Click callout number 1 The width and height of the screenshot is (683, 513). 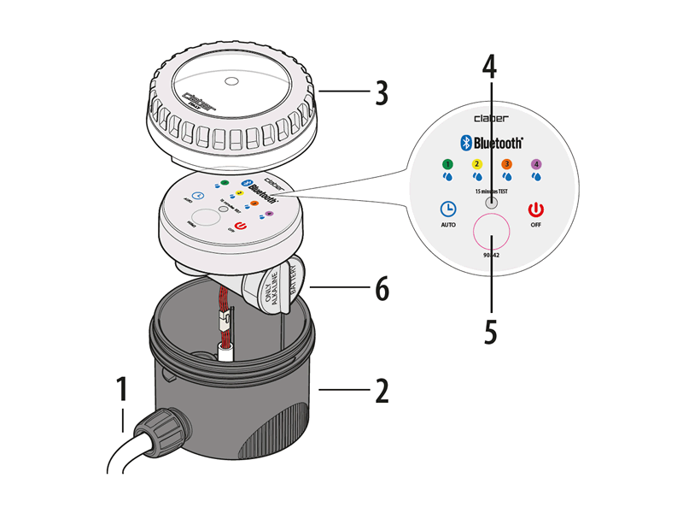(x=123, y=389)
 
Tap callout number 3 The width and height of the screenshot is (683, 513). (x=382, y=92)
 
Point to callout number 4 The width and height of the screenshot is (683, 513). (x=490, y=67)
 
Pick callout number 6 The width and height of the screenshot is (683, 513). (x=381, y=290)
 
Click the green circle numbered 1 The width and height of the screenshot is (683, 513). (x=446, y=163)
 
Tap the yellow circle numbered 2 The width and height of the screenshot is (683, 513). (x=476, y=163)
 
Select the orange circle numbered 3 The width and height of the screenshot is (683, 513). (x=506, y=163)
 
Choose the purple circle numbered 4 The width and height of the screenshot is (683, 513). (x=536, y=163)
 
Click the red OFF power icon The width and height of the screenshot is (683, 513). (x=535, y=209)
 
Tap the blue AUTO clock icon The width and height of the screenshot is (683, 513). (x=447, y=209)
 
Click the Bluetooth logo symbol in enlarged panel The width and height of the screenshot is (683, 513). (x=467, y=143)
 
